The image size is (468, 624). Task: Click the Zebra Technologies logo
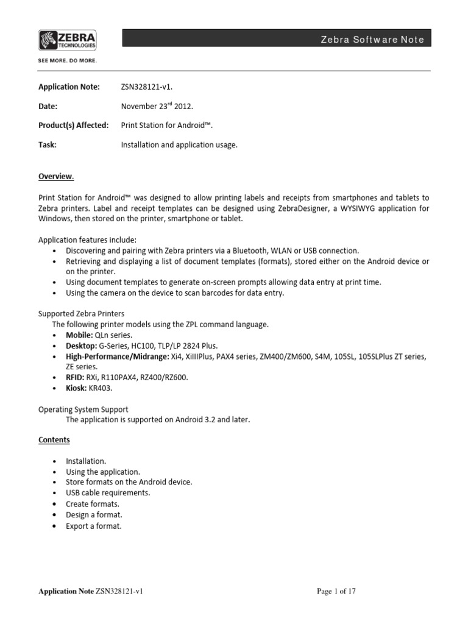(68, 41)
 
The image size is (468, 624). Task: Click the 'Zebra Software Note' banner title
(372, 40)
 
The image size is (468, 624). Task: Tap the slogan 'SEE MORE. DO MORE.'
(68, 61)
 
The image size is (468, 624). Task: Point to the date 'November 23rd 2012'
(157, 106)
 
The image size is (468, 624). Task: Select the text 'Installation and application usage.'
(179, 144)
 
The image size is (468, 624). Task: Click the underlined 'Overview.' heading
(56, 177)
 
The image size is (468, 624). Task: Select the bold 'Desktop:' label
(81, 346)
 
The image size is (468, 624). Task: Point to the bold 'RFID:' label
(76, 377)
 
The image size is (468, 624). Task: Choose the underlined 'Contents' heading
(54, 439)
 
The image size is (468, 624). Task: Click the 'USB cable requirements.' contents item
(108, 492)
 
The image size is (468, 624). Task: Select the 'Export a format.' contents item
(94, 525)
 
